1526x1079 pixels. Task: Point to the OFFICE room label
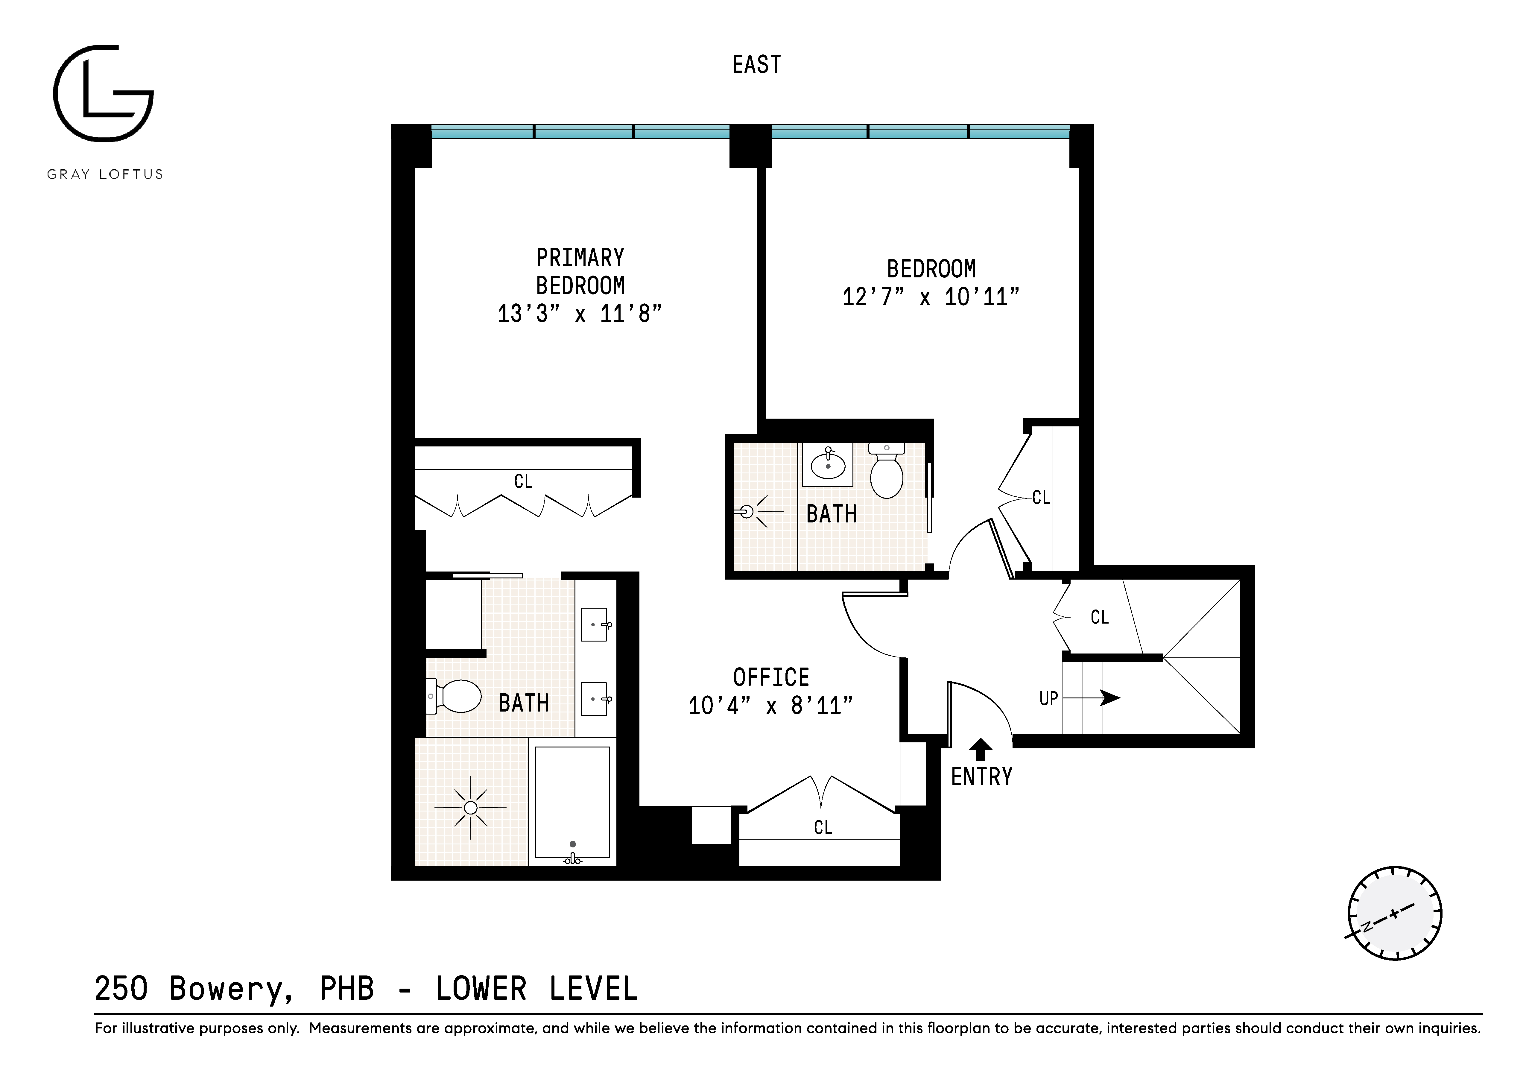771,677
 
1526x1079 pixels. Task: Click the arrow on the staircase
1109,698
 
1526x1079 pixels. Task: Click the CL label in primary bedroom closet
523,481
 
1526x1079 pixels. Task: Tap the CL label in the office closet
823,828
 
